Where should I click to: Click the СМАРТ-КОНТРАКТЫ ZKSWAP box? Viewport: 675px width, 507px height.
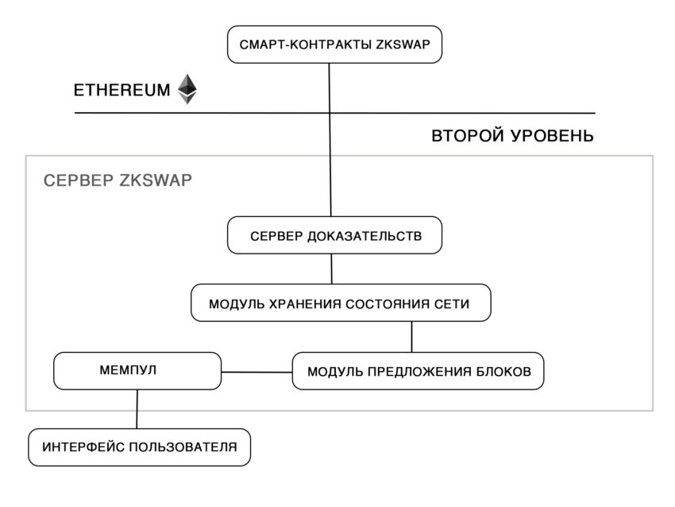(334, 45)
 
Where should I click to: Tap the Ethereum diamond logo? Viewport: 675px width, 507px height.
(187, 89)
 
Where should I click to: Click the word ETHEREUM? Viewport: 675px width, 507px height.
(121, 90)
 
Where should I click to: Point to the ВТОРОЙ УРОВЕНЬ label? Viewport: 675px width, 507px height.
(512, 136)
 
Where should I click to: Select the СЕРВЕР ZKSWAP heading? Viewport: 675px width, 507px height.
(118, 180)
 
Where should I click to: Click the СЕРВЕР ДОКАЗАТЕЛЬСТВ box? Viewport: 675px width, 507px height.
(334, 235)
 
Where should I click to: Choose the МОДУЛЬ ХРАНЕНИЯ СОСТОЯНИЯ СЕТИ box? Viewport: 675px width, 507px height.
(341, 303)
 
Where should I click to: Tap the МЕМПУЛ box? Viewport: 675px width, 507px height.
(137, 371)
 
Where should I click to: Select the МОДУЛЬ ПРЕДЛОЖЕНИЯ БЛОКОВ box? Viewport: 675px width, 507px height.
(418, 371)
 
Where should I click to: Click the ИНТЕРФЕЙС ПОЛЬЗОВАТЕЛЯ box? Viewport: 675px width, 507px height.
(140, 447)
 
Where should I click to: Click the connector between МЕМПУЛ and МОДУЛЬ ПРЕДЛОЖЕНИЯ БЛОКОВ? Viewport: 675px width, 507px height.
(256, 372)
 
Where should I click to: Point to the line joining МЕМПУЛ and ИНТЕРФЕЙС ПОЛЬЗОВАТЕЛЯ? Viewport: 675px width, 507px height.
(137, 409)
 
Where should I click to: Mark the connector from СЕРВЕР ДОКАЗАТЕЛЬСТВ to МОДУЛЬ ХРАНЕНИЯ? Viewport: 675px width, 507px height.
(331, 269)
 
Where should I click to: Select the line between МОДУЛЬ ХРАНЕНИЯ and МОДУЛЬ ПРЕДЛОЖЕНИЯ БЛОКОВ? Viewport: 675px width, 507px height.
(411, 337)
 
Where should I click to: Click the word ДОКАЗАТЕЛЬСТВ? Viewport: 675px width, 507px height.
(364, 236)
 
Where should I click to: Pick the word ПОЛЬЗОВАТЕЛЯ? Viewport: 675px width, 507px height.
(183, 447)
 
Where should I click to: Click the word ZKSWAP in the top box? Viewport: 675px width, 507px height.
(403, 45)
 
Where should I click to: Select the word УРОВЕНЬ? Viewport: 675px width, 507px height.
(553, 136)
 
